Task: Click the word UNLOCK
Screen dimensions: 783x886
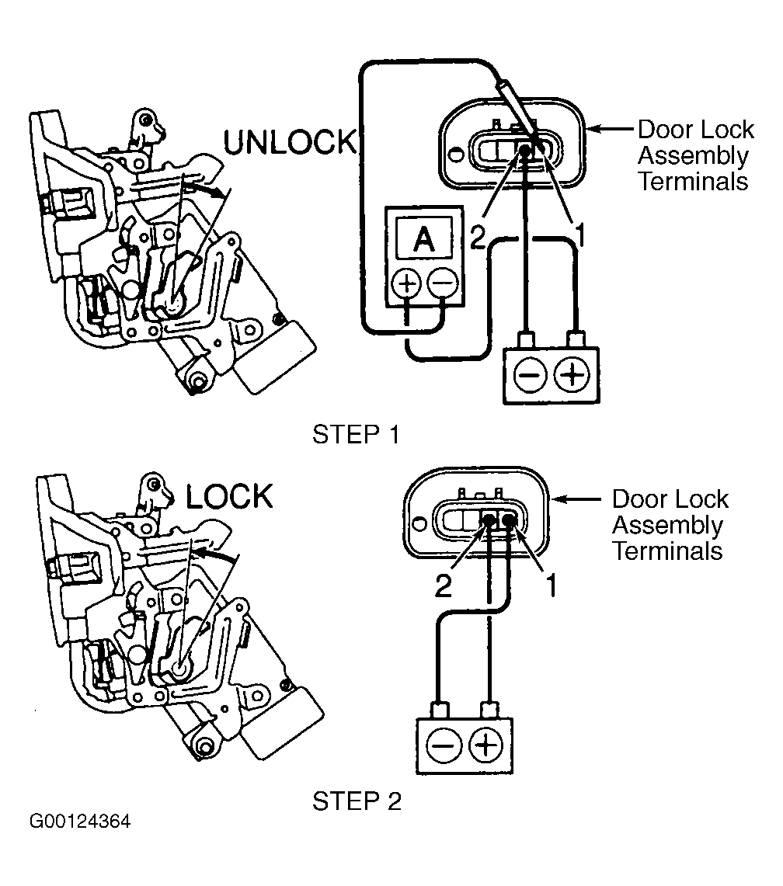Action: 291,142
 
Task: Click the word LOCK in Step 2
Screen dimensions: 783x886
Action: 229,497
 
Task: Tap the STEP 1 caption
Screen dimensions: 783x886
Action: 357,435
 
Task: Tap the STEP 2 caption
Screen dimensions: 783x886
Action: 357,801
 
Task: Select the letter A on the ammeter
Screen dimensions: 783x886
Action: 424,239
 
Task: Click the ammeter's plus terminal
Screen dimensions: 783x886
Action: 407,283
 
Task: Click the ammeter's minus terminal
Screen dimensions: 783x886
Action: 442,283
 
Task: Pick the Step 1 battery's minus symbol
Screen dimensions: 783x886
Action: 530,374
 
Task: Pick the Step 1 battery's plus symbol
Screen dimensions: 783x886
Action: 572,374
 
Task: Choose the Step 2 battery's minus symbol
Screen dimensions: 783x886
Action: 444,745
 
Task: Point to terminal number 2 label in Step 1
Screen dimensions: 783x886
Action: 478,238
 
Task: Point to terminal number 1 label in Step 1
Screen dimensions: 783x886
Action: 579,235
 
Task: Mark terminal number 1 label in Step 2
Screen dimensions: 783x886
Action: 552,585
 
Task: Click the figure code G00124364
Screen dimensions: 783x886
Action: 80,821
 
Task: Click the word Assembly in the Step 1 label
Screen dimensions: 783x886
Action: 693,156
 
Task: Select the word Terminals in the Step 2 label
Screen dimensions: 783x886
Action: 668,551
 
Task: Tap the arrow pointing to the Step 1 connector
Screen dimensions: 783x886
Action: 610,130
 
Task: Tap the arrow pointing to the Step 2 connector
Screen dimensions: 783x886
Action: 576,499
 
